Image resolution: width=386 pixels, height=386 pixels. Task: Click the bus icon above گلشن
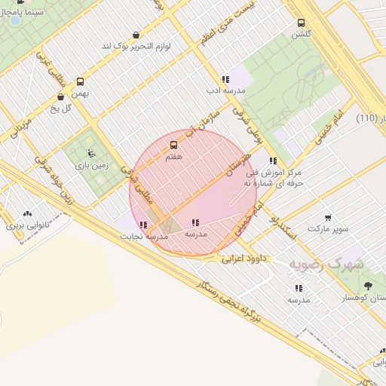(302, 23)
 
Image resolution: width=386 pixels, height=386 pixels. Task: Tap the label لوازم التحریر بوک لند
(149, 47)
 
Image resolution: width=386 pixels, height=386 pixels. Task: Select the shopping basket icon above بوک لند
(136, 35)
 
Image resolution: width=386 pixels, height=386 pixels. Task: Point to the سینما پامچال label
(26, 14)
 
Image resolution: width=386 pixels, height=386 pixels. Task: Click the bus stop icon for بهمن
(81, 81)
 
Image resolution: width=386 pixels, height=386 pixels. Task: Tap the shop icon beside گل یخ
(61, 96)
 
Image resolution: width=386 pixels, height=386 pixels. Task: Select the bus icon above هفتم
(174, 146)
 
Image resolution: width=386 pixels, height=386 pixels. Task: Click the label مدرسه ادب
(225, 90)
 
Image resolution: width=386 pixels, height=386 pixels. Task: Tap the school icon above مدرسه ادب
(225, 78)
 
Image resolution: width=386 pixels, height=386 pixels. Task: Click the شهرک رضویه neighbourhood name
(325, 265)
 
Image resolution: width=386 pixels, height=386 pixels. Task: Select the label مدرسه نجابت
(142, 236)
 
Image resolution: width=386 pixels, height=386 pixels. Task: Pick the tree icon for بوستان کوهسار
(368, 286)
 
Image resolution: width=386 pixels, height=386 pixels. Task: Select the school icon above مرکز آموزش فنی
(273, 161)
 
